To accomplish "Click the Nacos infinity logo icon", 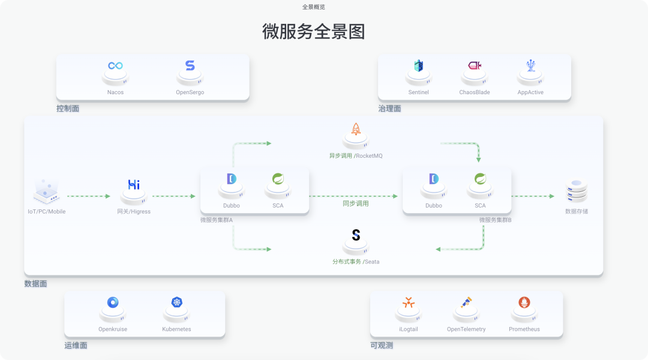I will (x=115, y=65).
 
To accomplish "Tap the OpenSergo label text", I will (x=190, y=92).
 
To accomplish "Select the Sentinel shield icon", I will (x=418, y=66).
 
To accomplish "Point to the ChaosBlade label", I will (x=474, y=92).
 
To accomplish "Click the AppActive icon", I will (x=530, y=65).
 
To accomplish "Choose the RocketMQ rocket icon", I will (x=356, y=128).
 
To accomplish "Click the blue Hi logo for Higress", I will (x=134, y=185).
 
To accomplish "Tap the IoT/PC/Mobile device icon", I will (x=46, y=190).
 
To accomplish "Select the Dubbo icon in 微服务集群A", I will (x=232, y=179).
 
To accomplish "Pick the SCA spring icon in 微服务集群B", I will (x=480, y=179).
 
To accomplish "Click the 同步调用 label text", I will (x=356, y=203).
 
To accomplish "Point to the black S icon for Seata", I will (x=356, y=235).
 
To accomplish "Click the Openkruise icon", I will (x=113, y=302).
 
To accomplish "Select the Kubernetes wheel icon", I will (x=176, y=302).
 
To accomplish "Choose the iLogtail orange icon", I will (x=409, y=302).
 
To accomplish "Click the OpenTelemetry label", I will (x=466, y=329).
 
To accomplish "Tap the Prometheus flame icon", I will (x=524, y=302).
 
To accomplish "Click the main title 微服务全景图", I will (x=314, y=32).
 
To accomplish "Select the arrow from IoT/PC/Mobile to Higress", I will (x=89, y=196).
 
